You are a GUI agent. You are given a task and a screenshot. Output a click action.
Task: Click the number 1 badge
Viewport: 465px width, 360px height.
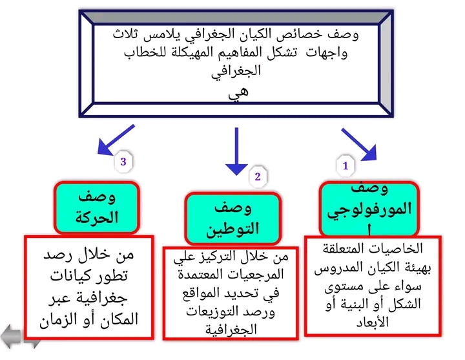point(346,166)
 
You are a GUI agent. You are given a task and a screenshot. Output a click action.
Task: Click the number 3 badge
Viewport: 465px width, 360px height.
point(123,162)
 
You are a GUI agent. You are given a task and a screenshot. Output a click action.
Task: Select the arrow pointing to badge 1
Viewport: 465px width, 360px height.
point(359,144)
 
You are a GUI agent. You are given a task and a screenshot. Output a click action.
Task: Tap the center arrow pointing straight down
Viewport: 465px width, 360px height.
point(236,151)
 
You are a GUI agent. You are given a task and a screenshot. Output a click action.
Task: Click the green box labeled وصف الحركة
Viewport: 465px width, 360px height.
point(97,207)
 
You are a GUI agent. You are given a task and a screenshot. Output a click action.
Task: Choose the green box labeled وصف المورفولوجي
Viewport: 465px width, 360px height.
point(369,208)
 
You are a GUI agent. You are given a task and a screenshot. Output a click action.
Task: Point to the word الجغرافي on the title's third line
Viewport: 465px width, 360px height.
point(237,71)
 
